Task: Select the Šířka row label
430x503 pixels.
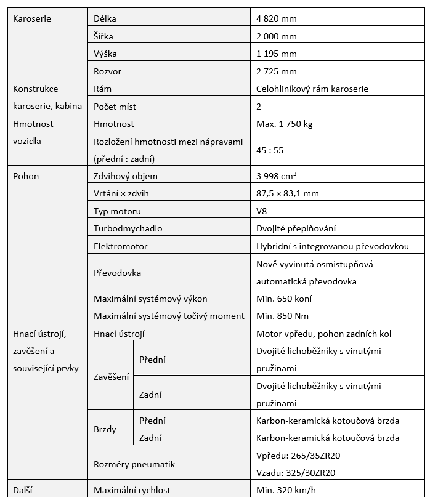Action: (103, 36)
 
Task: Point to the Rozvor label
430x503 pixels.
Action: (107, 71)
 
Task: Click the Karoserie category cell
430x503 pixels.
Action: (32, 18)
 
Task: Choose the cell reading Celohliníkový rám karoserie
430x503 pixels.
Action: (312, 89)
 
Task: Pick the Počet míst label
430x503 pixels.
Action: (115, 107)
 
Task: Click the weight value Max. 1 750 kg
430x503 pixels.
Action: (284, 124)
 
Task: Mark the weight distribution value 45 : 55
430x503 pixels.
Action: (270, 150)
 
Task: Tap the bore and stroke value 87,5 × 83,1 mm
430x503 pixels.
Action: (288, 193)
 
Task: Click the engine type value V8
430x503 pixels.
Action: (262, 211)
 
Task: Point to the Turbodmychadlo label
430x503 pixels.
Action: (128, 228)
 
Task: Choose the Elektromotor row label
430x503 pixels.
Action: (120, 246)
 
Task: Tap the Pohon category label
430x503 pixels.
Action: (26, 176)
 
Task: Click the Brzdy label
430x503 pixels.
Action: (105, 429)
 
